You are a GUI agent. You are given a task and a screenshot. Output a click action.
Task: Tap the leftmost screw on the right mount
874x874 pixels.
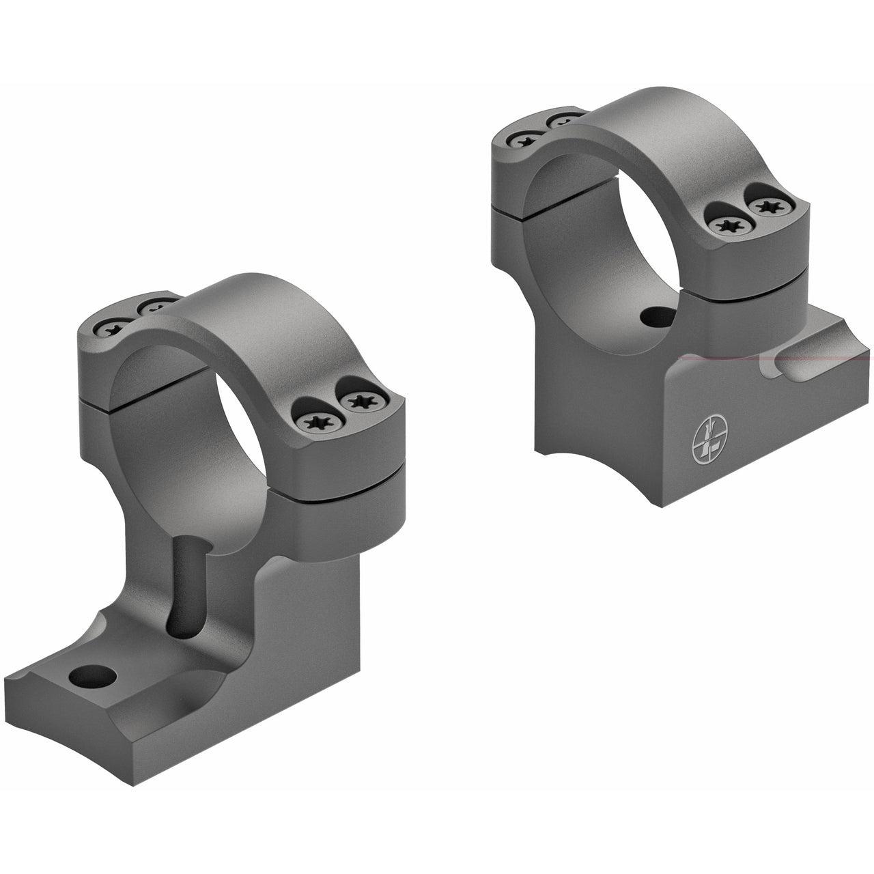pos(522,140)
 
